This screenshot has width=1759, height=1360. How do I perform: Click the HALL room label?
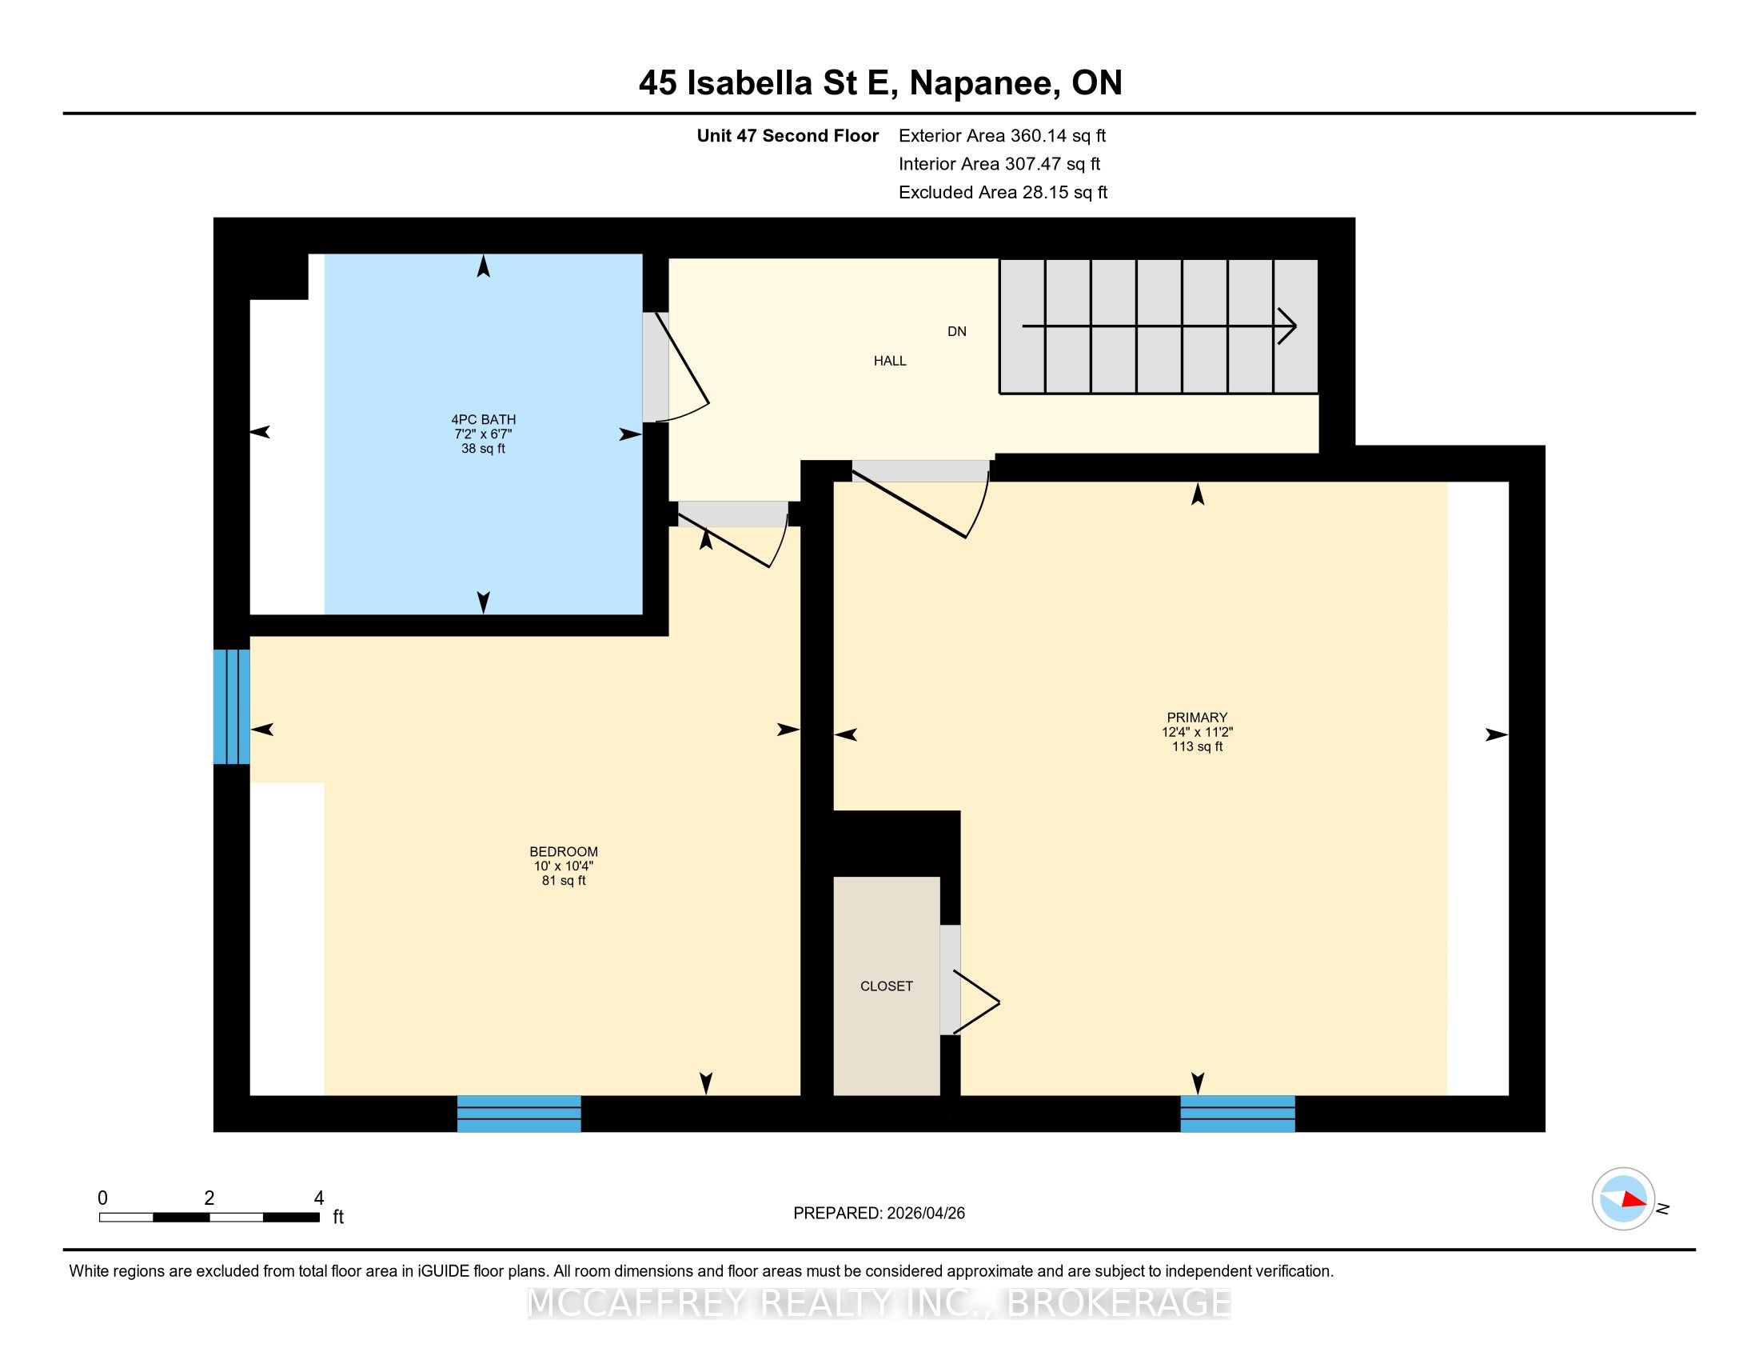pos(890,361)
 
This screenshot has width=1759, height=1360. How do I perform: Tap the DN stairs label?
pos(957,331)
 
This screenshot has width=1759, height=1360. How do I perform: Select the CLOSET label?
pos(887,986)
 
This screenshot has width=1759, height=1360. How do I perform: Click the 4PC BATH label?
pos(483,419)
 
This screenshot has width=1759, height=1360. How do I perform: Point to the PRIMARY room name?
pos(1197,717)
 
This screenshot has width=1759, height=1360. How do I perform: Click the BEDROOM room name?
pos(564,852)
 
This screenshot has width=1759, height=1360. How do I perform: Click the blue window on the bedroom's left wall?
pos(232,706)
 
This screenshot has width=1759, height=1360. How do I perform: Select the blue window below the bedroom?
pos(520,1114)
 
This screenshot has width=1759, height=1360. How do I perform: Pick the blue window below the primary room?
pos(1238,1114)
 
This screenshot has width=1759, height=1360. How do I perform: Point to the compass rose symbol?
pos(1623,1198)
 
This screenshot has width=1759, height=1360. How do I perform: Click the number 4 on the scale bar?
pos(319,1198)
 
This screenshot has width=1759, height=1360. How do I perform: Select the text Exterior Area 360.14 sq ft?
pos(1003,135)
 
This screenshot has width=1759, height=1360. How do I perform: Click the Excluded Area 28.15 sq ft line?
pos(1003,193)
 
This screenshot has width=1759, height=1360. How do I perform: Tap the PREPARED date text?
pos(879,1214)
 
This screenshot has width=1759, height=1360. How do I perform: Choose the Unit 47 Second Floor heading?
pos(788,135)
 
